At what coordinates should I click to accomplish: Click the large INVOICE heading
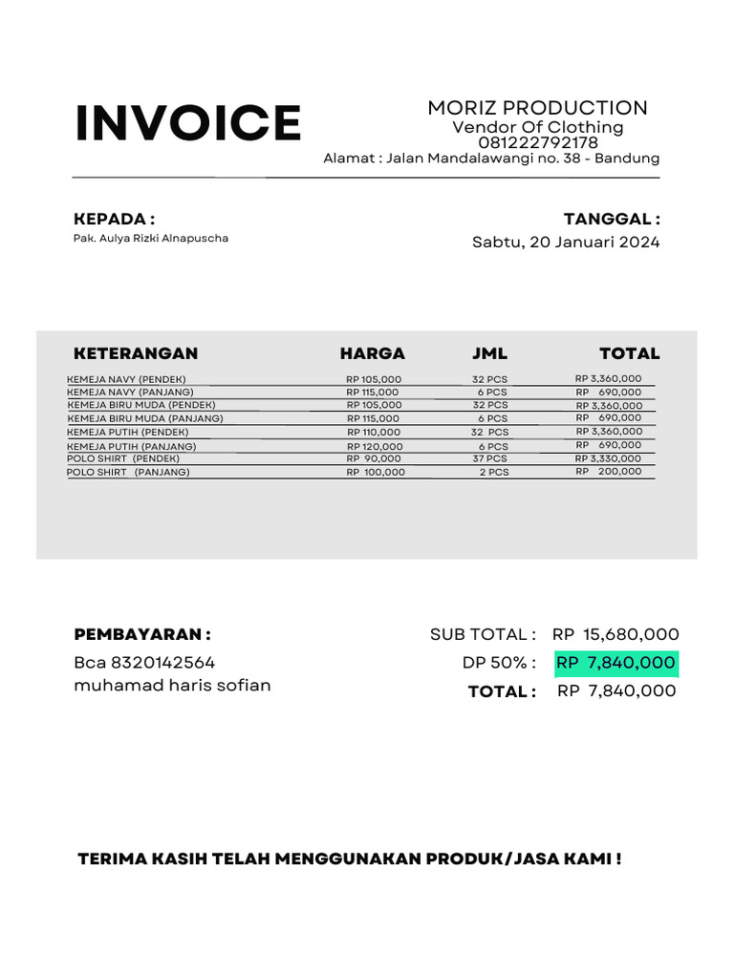point(188,123)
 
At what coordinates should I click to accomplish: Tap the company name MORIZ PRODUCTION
point(537,108)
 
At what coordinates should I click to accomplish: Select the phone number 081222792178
point(538,143)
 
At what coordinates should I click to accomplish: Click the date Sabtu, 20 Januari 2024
point(566,243)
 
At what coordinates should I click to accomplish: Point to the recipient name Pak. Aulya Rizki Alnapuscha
point(151,238)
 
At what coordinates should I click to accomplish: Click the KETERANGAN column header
point(136,353)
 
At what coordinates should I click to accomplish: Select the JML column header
point(489,353)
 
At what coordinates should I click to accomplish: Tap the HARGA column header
point(372,353)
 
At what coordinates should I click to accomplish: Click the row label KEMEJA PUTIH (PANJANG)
point(132,446)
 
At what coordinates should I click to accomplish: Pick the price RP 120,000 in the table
point(375,446)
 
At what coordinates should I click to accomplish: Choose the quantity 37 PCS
point(490,458)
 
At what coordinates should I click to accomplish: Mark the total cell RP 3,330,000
point(609,458)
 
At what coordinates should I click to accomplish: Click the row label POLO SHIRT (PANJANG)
point(128,472)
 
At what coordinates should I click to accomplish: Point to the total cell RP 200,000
point(609,471)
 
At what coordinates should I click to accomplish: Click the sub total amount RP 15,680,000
point(615,634)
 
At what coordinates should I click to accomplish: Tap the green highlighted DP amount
point(616,663)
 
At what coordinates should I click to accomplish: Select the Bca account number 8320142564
point(162,662)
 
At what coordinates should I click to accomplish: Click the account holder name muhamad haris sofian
point(172,685)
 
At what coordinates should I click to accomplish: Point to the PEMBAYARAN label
point(142,634)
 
